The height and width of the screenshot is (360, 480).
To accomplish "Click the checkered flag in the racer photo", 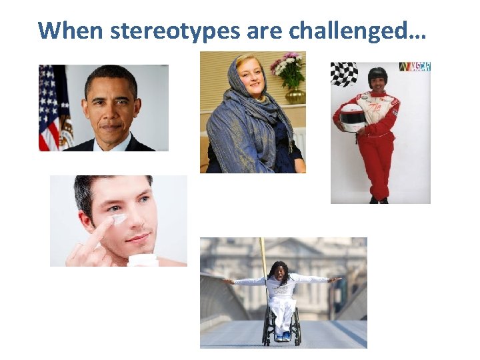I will pos(344,74).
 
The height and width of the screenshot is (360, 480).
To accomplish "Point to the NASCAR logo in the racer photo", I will pos(414,67).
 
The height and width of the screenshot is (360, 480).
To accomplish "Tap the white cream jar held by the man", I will pos(143,261).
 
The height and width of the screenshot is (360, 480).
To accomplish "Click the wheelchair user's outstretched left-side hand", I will pos(229,281).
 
